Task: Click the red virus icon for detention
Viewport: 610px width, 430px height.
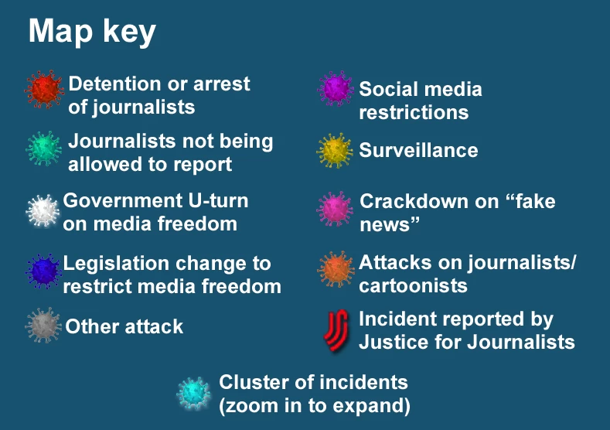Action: pyautogui.click(x=44, y=89)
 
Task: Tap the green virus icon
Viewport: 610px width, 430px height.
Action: pyautogui.click(x=43, y=148)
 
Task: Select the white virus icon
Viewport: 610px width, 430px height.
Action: pyautogui.click(x=43, y=210)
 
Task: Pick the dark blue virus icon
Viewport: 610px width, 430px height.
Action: pyautogui.click(x=43, y=271)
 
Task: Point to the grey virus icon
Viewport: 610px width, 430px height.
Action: pyautogui.click(x=43, y=326)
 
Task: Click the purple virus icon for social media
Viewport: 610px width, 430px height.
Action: pyautogui.click(x=336, y=89)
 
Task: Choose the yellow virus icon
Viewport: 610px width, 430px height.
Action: pyautogui.click(x=335, y=151)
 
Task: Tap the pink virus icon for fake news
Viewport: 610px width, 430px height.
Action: pyautogui.click(x=335, y=209)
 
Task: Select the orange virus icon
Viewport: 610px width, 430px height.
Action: pyautogui.click(x=336, y=269)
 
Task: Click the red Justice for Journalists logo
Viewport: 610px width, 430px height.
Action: pyautogui.click(x=336, y=331)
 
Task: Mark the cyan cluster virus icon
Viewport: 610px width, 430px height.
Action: pyautogui.click(x=194, y=394)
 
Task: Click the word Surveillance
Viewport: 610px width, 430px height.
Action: pyautogui.click(x=418, y=151)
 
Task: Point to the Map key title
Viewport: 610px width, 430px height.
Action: pyautogui.click(x=92, y=32)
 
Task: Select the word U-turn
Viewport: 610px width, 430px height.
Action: pyautogui.click(x=218, y=201)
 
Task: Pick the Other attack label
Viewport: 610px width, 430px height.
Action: pyautogui.click(x=124, y=326)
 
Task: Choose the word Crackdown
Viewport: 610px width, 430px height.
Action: pyautogui.click(x=429, y=202)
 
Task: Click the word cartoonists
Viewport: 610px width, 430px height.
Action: pyautogui.click(x=413, y=285)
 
